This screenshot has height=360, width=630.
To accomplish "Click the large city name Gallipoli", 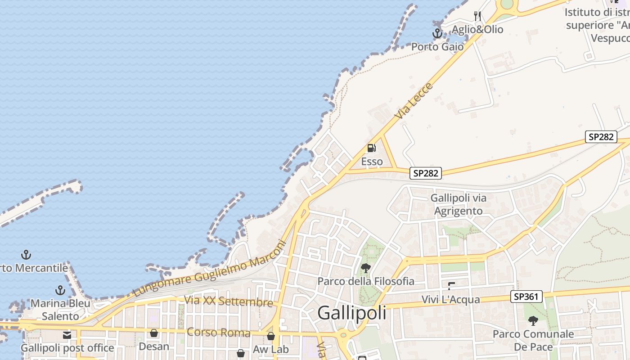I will (351, 313).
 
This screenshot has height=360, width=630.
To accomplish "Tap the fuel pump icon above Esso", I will (371, 148).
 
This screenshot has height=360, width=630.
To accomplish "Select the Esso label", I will (372, 162).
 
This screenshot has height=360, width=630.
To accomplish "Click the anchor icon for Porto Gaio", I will (437, 33).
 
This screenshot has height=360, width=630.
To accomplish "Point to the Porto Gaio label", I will (437, 47).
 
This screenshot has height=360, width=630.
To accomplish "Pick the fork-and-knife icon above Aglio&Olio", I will (477, 16).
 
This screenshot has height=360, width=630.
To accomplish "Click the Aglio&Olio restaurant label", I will (477, 30).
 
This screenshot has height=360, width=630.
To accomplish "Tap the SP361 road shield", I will (526, 297).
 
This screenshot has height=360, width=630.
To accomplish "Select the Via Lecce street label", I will (414, 100).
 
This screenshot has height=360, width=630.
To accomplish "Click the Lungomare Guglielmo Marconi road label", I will (210, 269).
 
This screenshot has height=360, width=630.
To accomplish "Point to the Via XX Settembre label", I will (228, 301).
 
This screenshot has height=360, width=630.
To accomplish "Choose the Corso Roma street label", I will (218, 333).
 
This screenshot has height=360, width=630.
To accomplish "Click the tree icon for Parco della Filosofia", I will (366, 269).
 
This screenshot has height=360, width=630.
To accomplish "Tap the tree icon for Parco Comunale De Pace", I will (533, 321).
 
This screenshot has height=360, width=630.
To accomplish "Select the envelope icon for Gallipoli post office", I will (67, 335).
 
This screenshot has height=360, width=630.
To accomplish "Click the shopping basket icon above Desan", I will (154, 333).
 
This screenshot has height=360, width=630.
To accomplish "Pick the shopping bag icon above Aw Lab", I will (271, 336).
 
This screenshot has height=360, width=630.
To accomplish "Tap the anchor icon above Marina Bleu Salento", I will (60, 290).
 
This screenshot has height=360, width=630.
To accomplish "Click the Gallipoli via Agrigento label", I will (459, 204).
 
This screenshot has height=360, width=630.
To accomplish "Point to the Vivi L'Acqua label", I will (450, 300).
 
